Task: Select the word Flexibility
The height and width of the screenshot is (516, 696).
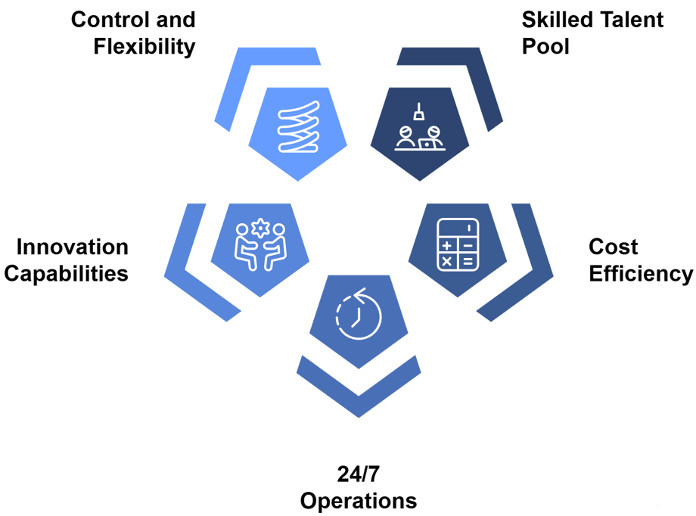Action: click(x=144, y=46)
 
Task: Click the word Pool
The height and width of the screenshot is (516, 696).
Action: click(x=545, y=46)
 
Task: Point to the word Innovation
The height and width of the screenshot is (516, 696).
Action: click(x=72, y=247)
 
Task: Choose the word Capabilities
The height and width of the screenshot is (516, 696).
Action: click(x=66, y=273)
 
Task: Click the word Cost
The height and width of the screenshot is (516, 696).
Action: click(x=613, y=247)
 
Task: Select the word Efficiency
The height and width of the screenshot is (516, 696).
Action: click(x=640, y=273)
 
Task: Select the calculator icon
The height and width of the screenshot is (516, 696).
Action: click(x=457, y=244)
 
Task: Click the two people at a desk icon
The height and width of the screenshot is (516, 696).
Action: click(x=418, y=138)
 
